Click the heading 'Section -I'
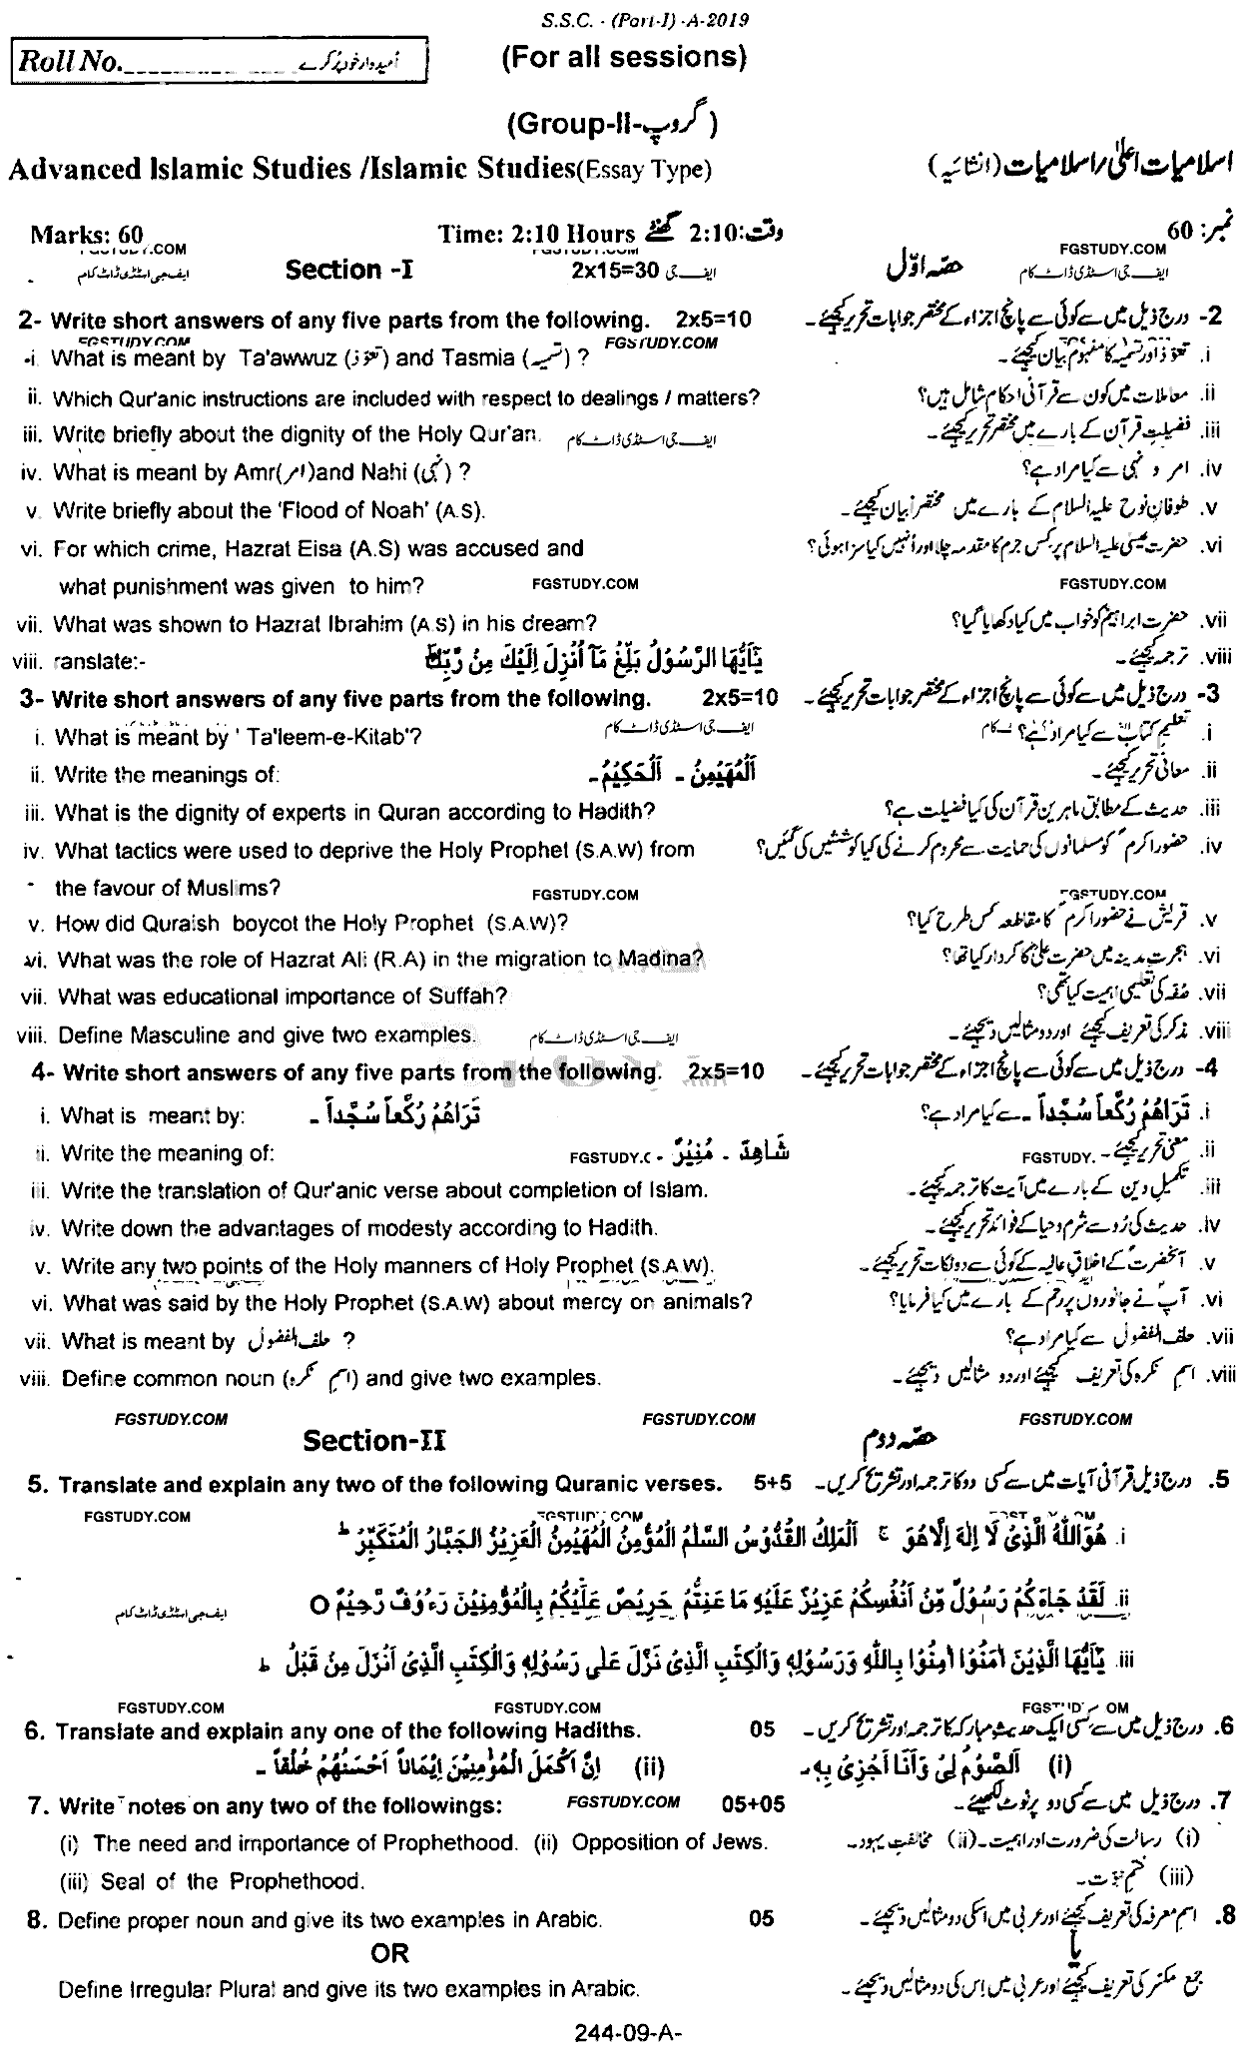[334, 270]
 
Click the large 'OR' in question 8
[389, 1952]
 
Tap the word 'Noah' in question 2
[374, 511]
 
